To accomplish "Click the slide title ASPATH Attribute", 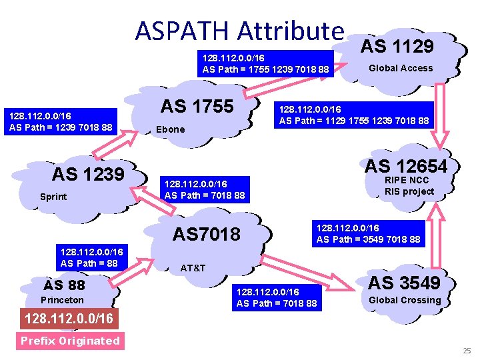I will [x=239, y=30].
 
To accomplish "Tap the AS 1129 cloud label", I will [x=397, y=45].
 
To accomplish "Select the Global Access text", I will [x=401, y=68].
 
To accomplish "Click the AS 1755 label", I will [x=197, y=106].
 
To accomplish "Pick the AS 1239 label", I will [x=88, y=174].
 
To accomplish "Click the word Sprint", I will [x=53, y=197].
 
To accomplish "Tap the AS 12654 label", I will [x=406, y=165].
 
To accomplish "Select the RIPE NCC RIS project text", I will [x=409, y=186].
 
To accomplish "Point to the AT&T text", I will [x=193, y=268].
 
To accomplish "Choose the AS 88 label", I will [x=64, y=285].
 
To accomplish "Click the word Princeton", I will [x=62, y=300].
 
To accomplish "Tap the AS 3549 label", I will [x=405, y=283].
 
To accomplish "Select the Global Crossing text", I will [x=405, y=300].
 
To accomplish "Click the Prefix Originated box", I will [x=69, y=341].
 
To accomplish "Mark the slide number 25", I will [x=467, y=351].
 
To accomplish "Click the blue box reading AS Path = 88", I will [x=89, y=258].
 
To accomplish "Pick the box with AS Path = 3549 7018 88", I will [x=368, y=233].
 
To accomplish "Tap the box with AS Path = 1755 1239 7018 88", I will [x=265, y=63].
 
